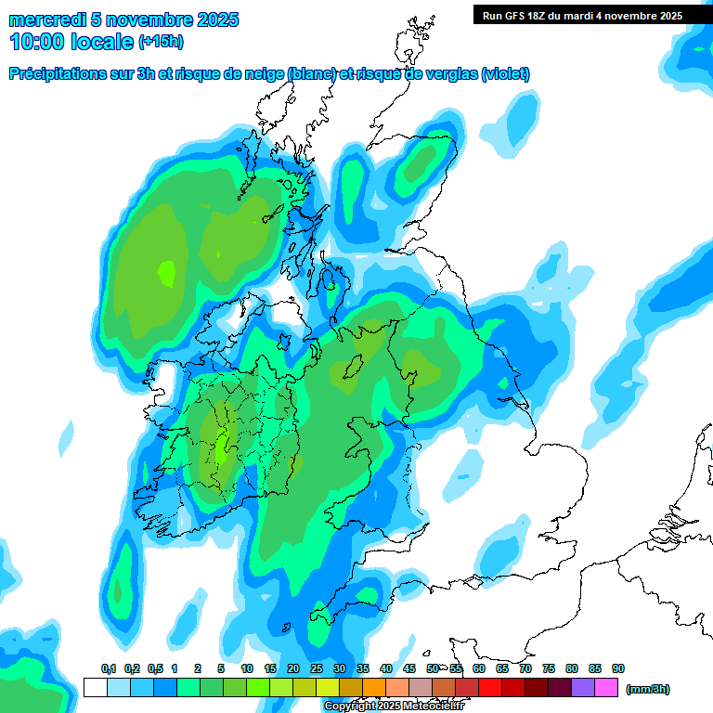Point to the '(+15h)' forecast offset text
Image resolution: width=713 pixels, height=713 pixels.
pos(161,42)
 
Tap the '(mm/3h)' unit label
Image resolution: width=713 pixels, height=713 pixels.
pos(647,689)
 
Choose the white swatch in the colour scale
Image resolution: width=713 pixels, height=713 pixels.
pos(95,688)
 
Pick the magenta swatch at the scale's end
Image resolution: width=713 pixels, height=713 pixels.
pos(607,688)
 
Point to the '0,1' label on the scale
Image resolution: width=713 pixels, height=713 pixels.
pos(108,669)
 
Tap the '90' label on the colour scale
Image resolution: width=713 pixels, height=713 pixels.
pos(618,669)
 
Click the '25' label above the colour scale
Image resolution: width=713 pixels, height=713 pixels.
pos(317,669)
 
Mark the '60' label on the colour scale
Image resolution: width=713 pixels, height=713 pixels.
pos(479,669)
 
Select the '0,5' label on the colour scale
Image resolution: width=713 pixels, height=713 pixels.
pos(154,669)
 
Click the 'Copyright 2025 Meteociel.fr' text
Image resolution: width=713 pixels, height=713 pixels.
pos(394,707)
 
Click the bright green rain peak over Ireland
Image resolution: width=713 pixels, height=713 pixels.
pos(222,446)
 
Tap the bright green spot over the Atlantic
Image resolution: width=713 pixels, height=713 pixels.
pos(166,273)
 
